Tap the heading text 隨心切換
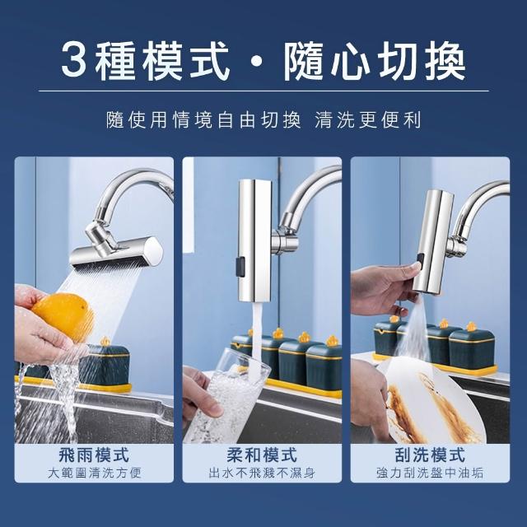pos(375,61)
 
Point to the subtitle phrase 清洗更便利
pos(368,120)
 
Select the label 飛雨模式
pos(94,455)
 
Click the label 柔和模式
pos(262,455)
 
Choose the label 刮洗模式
pos(430,455)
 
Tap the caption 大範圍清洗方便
pos(94,473)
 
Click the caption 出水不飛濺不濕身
pos(262,473)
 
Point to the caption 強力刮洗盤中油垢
pos(430,473)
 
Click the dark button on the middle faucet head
pos(240,267)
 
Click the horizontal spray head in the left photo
pos(116,253)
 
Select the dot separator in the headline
pos(257,62)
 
